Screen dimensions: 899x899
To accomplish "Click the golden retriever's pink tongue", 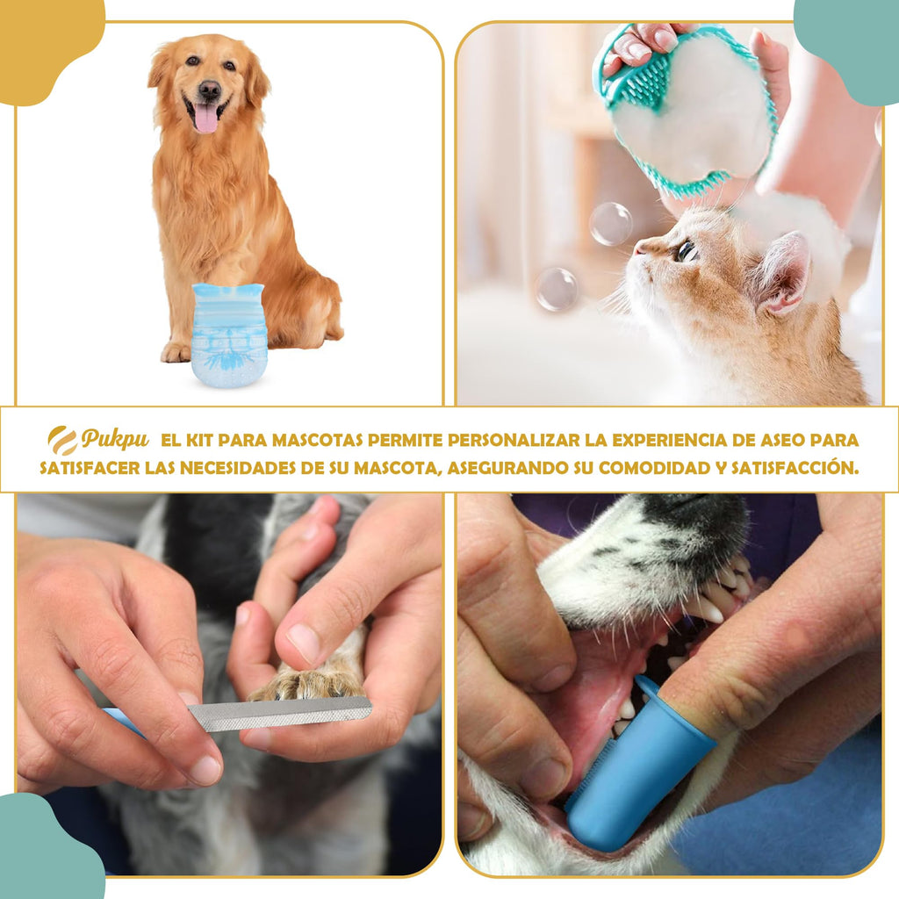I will click(205, 117).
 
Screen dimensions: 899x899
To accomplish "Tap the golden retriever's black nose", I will click(209, 90).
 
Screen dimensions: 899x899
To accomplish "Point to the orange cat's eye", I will click(686, 252).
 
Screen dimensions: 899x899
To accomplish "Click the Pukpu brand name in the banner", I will click(115, 439).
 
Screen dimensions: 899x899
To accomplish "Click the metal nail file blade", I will click(281, 712).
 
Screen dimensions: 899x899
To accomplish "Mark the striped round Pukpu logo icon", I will click(62, 440).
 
